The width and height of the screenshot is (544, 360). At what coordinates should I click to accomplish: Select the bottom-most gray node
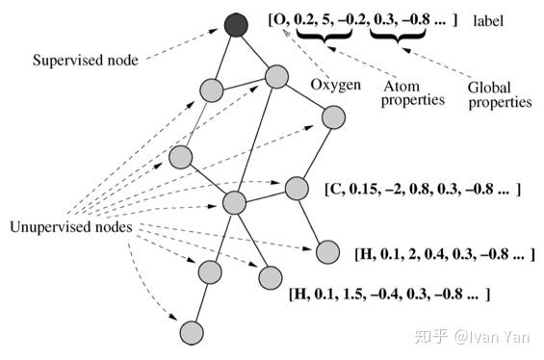[193, 333]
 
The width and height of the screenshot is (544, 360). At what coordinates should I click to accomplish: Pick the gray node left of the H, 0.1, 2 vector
[328, 252]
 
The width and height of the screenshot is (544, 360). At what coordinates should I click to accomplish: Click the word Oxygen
[336, 86]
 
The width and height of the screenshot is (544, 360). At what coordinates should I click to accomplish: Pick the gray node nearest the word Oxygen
[333, 117]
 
